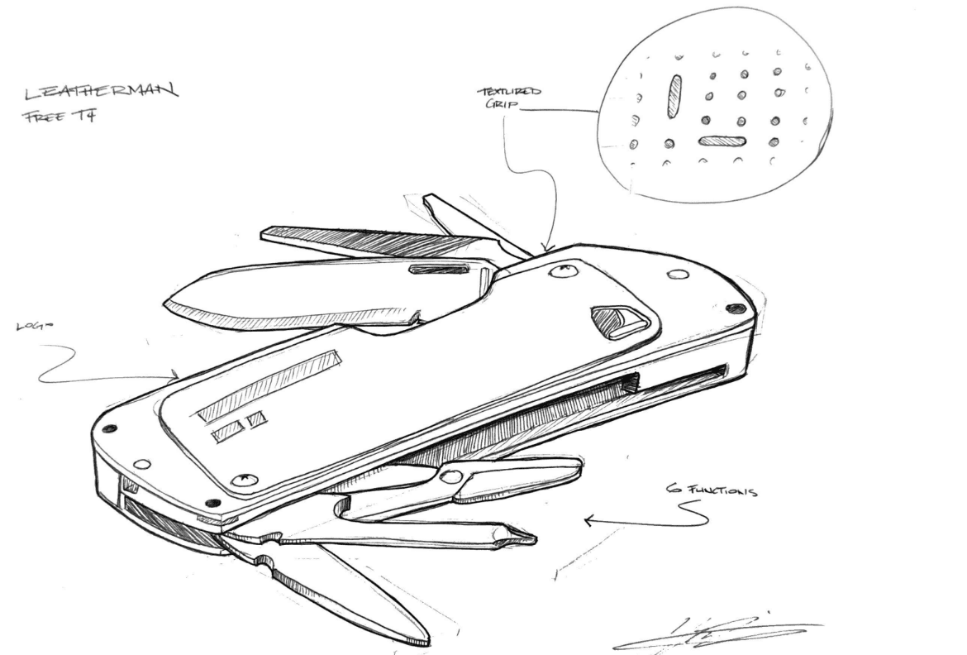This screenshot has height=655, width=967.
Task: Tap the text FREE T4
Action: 59,117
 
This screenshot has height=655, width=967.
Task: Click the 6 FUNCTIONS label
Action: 712,491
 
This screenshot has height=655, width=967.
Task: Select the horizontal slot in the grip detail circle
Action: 722,141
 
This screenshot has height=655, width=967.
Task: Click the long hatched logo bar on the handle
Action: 269,384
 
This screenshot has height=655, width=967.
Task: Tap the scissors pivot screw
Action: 450,476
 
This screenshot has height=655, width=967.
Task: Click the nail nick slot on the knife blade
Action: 438,269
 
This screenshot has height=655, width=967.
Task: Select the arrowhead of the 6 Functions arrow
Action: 588,521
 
